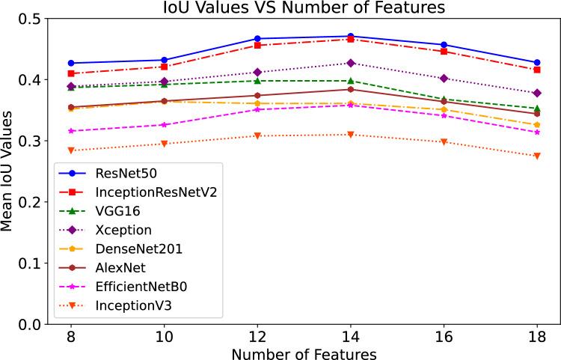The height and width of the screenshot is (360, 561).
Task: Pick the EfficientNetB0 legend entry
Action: click(136, 285)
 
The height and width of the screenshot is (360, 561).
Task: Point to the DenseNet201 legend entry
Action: click(132, 248)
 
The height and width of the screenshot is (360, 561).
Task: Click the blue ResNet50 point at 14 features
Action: click(351, 36)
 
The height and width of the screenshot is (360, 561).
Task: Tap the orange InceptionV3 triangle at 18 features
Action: click(537, 156)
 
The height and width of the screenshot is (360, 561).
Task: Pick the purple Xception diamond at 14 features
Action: click(351, 63)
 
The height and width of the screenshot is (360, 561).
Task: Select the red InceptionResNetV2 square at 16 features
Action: click(444, 51)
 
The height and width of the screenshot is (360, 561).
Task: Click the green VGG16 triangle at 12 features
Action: click(257, 81)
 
